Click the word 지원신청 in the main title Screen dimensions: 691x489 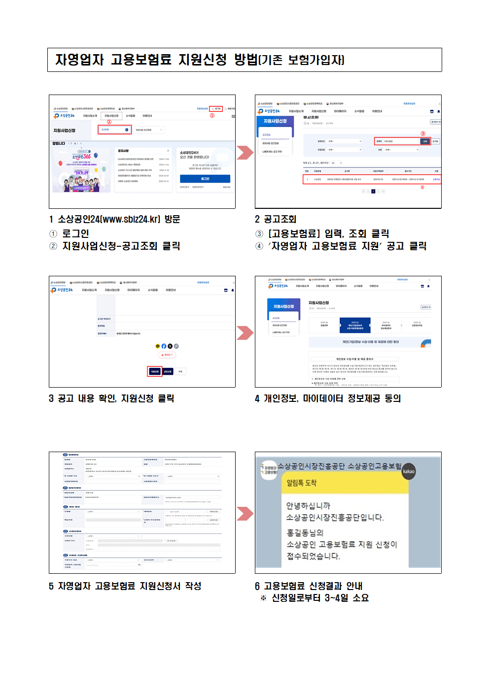[x=202, y=60]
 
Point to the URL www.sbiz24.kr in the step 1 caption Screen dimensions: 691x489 [x=130, y=219]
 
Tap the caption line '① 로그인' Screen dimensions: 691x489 [x=70, y=233]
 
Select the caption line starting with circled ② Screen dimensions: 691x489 [x=115, y=246]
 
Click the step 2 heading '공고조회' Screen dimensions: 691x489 [x=279, y=219]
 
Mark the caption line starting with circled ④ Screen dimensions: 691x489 [x=341, y=246]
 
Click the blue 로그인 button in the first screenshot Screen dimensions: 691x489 [x=205, y=179]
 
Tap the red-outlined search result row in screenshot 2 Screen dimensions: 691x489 [x=371, y=179]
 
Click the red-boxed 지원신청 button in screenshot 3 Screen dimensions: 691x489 [x=154, y=371]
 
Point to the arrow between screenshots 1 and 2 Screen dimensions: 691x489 [x=244, y=153]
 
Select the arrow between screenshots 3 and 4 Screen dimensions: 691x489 [x=244, y=333]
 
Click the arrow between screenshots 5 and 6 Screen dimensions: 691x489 [x=244, y=514]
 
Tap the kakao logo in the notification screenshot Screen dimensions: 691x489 [x=409, y=471]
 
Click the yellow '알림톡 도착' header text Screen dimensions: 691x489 [x=302, y=483]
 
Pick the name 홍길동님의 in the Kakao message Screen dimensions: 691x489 [x=305, y=532]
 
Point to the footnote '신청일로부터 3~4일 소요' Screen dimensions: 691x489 [x=320, y=598]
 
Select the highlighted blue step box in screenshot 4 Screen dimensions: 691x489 [x=355, y=326]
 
